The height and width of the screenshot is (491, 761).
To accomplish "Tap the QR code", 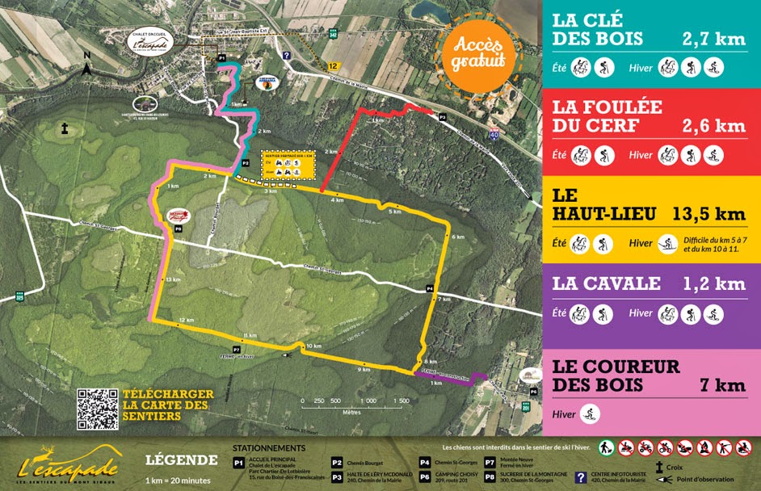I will [98, 409].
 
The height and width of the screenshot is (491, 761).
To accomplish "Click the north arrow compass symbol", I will [86, 66].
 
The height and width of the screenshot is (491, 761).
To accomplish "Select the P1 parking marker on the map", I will [221, 58].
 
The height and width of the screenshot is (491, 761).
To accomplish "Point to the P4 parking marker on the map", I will [430, 288].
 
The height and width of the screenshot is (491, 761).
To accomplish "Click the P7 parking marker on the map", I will [237, 338].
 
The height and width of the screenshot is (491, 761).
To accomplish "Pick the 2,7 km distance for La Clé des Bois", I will [713, 38].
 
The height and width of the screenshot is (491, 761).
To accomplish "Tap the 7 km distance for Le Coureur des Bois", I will [723, 385].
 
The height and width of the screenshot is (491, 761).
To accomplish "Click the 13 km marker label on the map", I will [171, 279].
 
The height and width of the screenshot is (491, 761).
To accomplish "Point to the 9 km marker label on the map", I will [365, 370].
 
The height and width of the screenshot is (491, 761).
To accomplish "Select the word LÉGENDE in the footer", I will [181, 460].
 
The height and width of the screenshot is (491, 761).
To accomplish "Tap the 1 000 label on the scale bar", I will [369, 401].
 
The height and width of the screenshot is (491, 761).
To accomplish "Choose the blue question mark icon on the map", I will [287, 56].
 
